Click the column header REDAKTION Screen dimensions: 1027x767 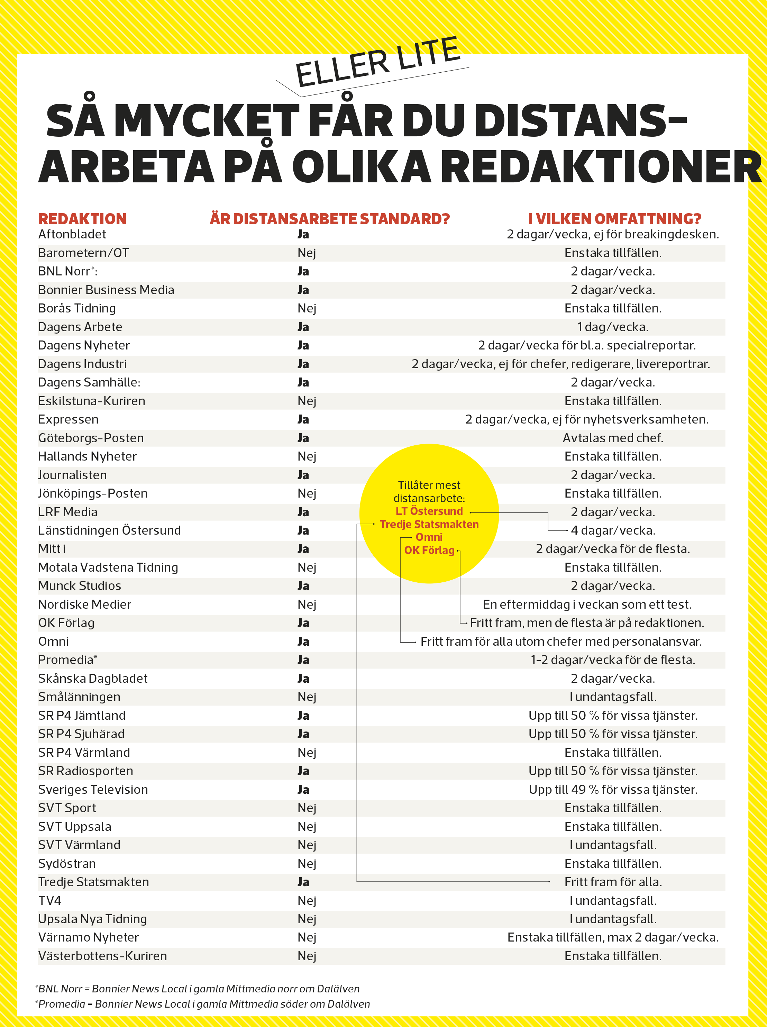[x=82, y=219]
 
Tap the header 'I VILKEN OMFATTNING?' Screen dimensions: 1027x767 [x=614, y=219]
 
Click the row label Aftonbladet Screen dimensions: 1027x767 [x=72, y=235]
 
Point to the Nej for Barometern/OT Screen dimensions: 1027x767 [x=307, y=253]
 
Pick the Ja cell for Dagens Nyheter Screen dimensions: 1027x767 [x=303, y=345]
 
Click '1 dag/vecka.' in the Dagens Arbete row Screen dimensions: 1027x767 [x=613, y=327]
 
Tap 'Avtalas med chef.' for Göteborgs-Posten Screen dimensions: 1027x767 [x=613, y=438]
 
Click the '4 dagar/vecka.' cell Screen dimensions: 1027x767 [x=613, y=530]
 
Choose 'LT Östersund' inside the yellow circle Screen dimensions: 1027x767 [x=429, y=511]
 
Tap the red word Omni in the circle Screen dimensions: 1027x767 [x=429, y=537]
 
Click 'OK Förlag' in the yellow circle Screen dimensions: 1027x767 [x=429, y=550]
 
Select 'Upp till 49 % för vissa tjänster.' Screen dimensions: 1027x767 [x=613, y=789]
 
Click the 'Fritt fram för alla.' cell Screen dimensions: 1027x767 [x=613, y=882]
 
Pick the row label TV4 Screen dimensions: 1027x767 [x=50, y=900]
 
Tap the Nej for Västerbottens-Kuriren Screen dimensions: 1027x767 [x=307, y=956]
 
